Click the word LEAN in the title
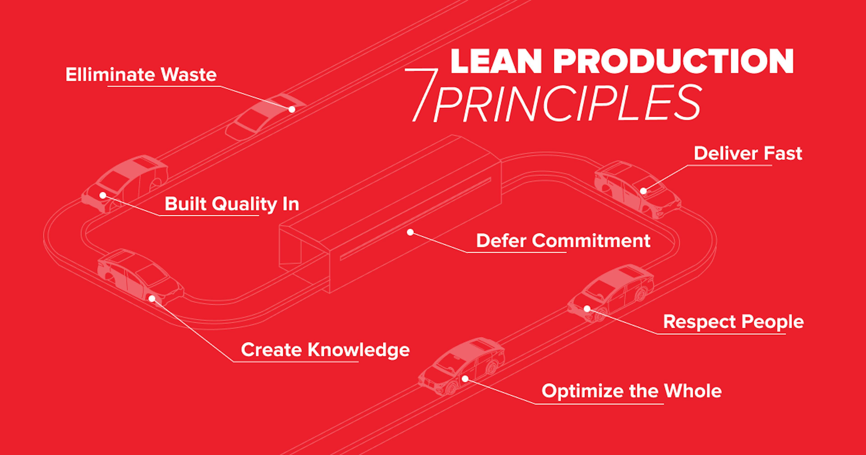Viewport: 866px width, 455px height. [x=496, y=62]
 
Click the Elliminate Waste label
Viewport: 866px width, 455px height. [x=141, y=75]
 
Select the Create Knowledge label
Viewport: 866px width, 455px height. [x=325, y=350]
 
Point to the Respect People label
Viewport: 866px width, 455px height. [x=733, y=322]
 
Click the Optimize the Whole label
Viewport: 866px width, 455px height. [x=631, y=391]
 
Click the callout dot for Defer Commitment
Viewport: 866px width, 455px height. [x=410, y=232]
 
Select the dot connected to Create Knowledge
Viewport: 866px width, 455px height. [x=152, y=299]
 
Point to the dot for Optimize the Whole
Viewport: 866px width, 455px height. [x=465, y=379]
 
